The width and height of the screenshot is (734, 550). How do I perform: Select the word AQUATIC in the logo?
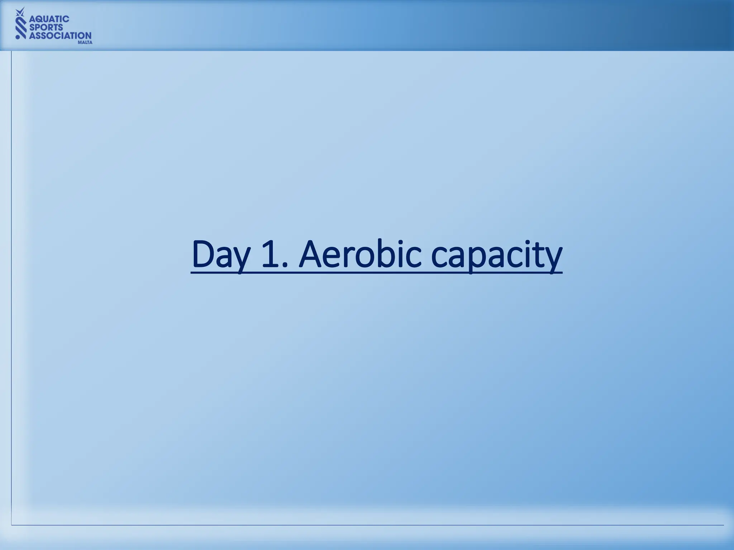pos(49,19)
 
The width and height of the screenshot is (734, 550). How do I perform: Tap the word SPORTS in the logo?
pos(46,27)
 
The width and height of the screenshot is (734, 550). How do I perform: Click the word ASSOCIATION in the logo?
pos(60,35)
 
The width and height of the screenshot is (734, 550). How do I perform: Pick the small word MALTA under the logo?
pos(85,42)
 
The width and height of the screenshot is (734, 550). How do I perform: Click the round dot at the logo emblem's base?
pos(18,36)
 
